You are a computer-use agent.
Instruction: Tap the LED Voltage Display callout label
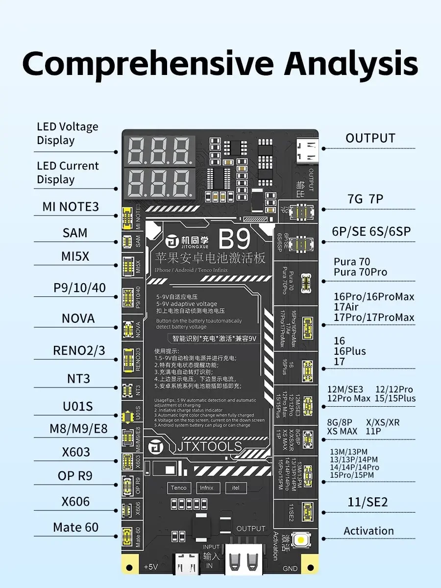pos(68,133)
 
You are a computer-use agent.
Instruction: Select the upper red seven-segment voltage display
pos(159,150)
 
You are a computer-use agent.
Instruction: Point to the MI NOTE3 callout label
pos(71,207)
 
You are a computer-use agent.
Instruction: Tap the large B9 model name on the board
pos(234,239)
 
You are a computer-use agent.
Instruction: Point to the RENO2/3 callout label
pos(79,350)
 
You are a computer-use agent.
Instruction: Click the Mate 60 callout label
pos(75,527)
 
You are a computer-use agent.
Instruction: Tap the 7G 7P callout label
pos(365,199)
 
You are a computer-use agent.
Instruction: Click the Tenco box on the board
pos(179,488)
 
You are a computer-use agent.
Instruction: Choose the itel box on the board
pos(235,488)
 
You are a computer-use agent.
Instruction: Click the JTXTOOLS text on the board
pos(208,447)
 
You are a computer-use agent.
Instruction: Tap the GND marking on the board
pos(290,568)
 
